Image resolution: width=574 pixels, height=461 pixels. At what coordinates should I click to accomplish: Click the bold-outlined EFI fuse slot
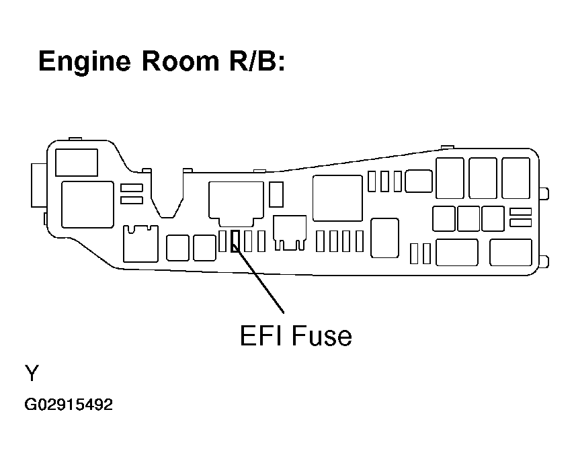[x=235, y=241]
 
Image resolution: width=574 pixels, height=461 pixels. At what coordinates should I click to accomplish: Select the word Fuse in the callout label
[x=322, y=335]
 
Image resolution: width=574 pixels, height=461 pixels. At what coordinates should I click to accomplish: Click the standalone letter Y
[x=31, y=374]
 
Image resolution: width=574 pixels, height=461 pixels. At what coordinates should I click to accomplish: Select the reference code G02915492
[x=69, y=405]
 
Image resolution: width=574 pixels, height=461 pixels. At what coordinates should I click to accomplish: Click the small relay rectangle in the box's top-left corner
[x=75, y=163]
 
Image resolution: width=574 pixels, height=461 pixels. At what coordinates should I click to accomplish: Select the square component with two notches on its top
[x=140, y=243]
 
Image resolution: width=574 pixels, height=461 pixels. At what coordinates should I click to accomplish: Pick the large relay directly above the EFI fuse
[x=236, y=200]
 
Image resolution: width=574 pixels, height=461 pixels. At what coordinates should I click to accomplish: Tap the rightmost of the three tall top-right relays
[x=516, y=178]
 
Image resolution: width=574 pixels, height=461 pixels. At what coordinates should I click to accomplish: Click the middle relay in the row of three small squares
[x=468, y=218]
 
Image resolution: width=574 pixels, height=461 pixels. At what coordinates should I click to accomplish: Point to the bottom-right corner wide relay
[x=511, y=252]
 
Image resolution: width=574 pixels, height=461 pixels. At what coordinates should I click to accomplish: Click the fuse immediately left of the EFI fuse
[x=222, y=241]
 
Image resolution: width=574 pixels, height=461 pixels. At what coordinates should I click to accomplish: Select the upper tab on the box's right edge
[x=544, y=194]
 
